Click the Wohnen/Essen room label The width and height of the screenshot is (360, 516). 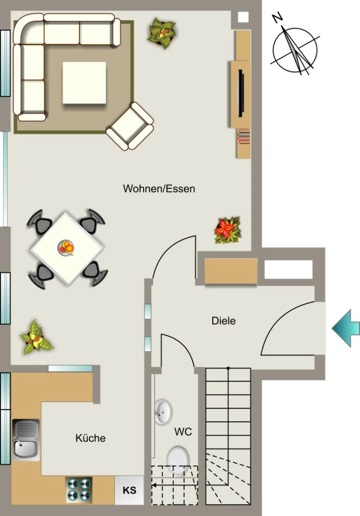159,188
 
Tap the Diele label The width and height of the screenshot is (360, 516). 224,320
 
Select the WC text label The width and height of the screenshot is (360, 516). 183,431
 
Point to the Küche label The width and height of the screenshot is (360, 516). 91,438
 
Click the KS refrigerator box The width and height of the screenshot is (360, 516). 129,490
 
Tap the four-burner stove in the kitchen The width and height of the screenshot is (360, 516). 79,489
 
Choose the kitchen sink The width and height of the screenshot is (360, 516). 26,439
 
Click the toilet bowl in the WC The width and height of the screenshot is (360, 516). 178,461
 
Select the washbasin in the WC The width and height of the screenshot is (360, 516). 163,412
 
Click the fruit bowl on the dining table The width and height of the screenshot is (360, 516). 66,247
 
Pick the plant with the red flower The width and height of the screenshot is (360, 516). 227,230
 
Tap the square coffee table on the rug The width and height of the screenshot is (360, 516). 84,83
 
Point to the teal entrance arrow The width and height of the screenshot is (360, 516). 346,328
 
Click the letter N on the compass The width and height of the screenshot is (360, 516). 278,18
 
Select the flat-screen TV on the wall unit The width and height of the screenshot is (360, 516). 241,93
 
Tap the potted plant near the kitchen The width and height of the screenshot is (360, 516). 36,338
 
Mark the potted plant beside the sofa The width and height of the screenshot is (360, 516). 162,33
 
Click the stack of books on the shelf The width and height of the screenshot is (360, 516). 244,137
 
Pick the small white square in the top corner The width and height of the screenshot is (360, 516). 243,17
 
